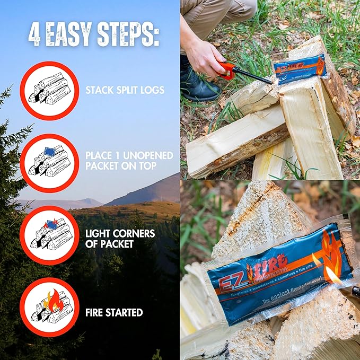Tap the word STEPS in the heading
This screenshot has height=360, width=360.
[129, 36]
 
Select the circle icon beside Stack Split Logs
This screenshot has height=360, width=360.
[49, 91]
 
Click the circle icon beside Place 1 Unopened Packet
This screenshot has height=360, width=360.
[49, 162]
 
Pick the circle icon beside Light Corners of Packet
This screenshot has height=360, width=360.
[49, 235]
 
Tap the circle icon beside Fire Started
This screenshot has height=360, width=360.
[49, 307]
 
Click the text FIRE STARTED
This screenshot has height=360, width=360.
[114, 312]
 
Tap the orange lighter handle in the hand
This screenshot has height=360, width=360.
[227, 69]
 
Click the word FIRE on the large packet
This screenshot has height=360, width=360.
[270, 265]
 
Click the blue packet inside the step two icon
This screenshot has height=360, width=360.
[51, 152]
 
